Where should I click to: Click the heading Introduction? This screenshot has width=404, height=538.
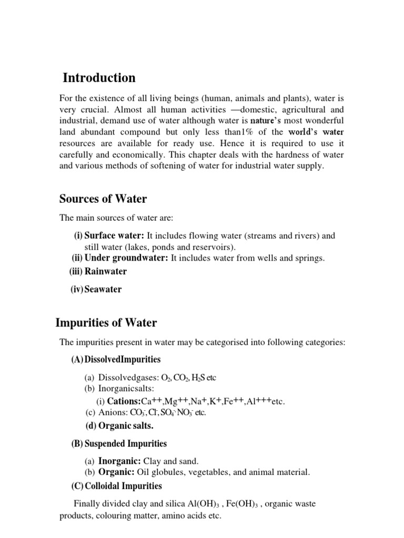(99, 78)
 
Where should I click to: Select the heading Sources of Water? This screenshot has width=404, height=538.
(103, 199)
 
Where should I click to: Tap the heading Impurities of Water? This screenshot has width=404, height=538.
(106, 323)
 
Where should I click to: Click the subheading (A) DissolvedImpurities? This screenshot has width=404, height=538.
(116, 360)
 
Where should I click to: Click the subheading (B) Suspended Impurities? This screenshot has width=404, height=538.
(119, 444)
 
